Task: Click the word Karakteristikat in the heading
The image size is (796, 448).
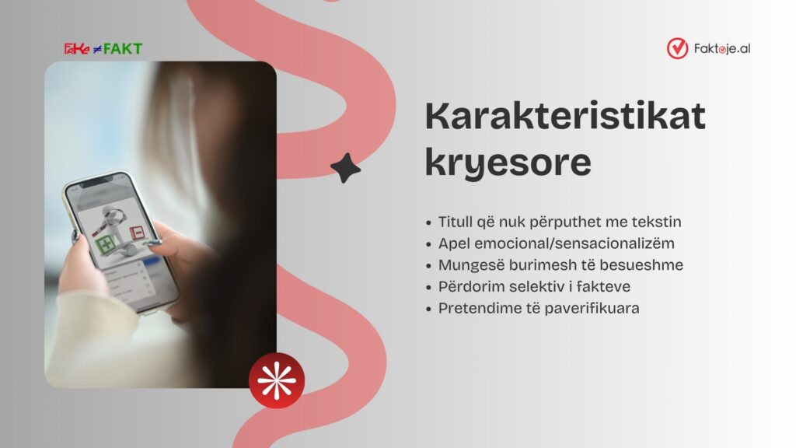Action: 565,117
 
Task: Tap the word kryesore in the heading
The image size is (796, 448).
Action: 508,163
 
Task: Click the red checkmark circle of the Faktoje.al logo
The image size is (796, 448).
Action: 677,48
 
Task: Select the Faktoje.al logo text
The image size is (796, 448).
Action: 722,49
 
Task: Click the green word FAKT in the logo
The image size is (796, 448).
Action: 123,49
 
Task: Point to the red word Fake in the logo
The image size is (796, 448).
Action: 77,49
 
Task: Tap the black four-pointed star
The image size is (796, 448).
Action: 346,168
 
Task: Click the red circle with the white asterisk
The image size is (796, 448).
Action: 277,380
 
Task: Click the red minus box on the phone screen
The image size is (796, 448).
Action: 137,232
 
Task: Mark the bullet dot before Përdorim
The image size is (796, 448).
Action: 429,288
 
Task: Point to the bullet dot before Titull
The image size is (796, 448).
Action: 429,223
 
